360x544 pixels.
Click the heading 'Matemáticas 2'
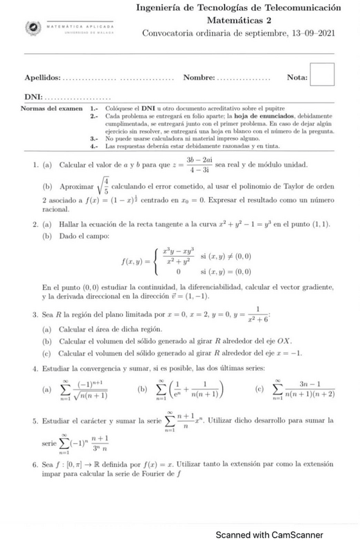(x=237, y=21)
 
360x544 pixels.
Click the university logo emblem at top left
(x=31, y=28)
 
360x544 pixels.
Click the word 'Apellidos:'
(x=42, y=78)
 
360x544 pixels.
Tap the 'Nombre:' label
(x=198, y=78)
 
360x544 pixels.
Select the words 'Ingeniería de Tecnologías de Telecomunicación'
(x=238, y=8)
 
